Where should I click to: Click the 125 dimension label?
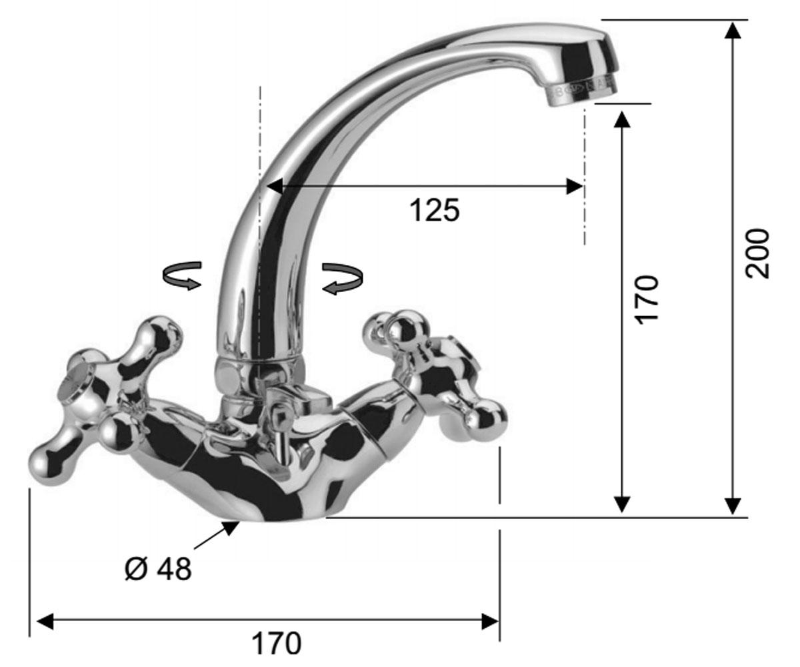[434, 211]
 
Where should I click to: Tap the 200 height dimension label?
[757, 253]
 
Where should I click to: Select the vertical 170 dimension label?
[647, 299]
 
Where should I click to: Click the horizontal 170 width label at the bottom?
[276, 644]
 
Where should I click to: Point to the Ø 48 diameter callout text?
[158, 569]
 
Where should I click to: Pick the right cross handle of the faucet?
[435, 378]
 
